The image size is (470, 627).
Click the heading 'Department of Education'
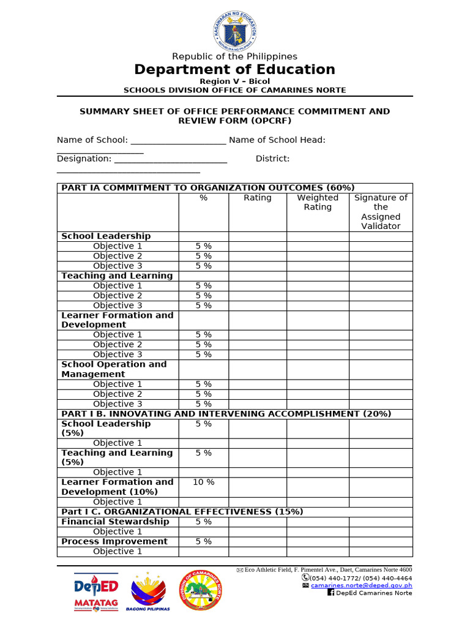coord(235,69)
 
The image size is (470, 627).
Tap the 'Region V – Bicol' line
coord(235,81)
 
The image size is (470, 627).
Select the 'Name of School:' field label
coord(92,140)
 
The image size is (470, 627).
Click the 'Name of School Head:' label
coord(277,140)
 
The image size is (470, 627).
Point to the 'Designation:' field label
coord(84,159)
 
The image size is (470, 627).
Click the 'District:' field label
coord(273,159)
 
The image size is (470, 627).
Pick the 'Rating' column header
coord(258,198)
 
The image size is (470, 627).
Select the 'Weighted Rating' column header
coord(318,203)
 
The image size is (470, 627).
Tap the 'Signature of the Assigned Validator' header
coord(381,212)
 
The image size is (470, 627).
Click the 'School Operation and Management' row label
coord(114,369)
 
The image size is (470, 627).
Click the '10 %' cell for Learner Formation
coord(204,482)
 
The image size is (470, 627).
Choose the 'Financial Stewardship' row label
coord(115,522)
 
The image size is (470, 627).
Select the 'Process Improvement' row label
coord(114,541)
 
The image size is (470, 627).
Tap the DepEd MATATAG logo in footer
coord(96,592)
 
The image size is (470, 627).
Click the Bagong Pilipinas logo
coord(148,591)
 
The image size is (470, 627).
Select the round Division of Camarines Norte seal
coord(201,591)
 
